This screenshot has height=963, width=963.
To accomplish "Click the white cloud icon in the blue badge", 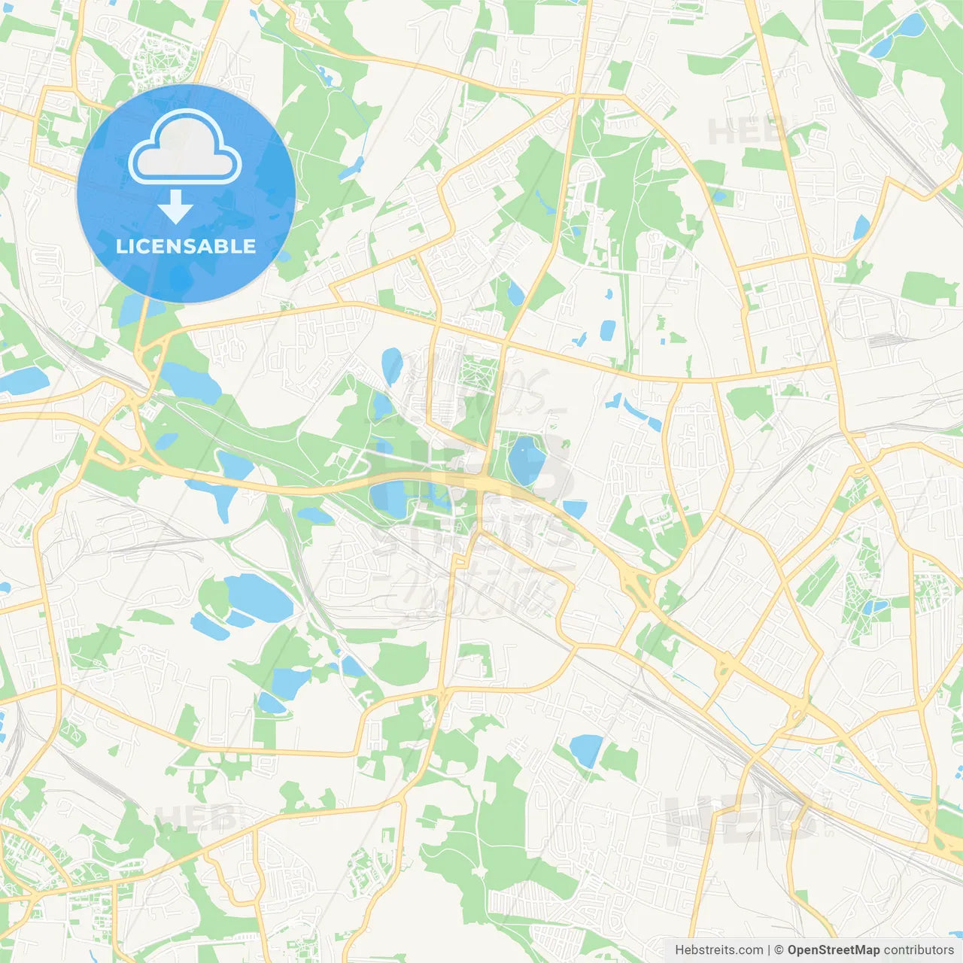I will (185, 148).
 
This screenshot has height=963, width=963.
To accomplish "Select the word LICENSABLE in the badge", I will (186, 246).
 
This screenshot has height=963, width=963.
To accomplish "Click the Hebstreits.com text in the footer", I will (718, 950).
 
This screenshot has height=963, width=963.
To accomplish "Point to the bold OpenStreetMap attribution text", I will (833, 950).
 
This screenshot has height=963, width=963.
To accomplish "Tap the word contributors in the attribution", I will (919, 950).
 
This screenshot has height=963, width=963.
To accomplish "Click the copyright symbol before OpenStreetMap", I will (779, 950).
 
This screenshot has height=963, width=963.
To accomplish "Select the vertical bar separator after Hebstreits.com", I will (768, 950).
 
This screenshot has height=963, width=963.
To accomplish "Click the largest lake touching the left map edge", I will (23, 381).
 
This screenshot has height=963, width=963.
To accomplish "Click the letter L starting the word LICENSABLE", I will (120, 246).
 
